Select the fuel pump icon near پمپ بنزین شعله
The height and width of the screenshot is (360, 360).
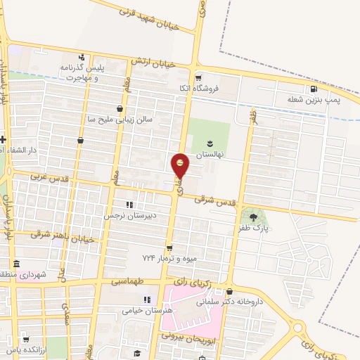[x=313, y=89]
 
